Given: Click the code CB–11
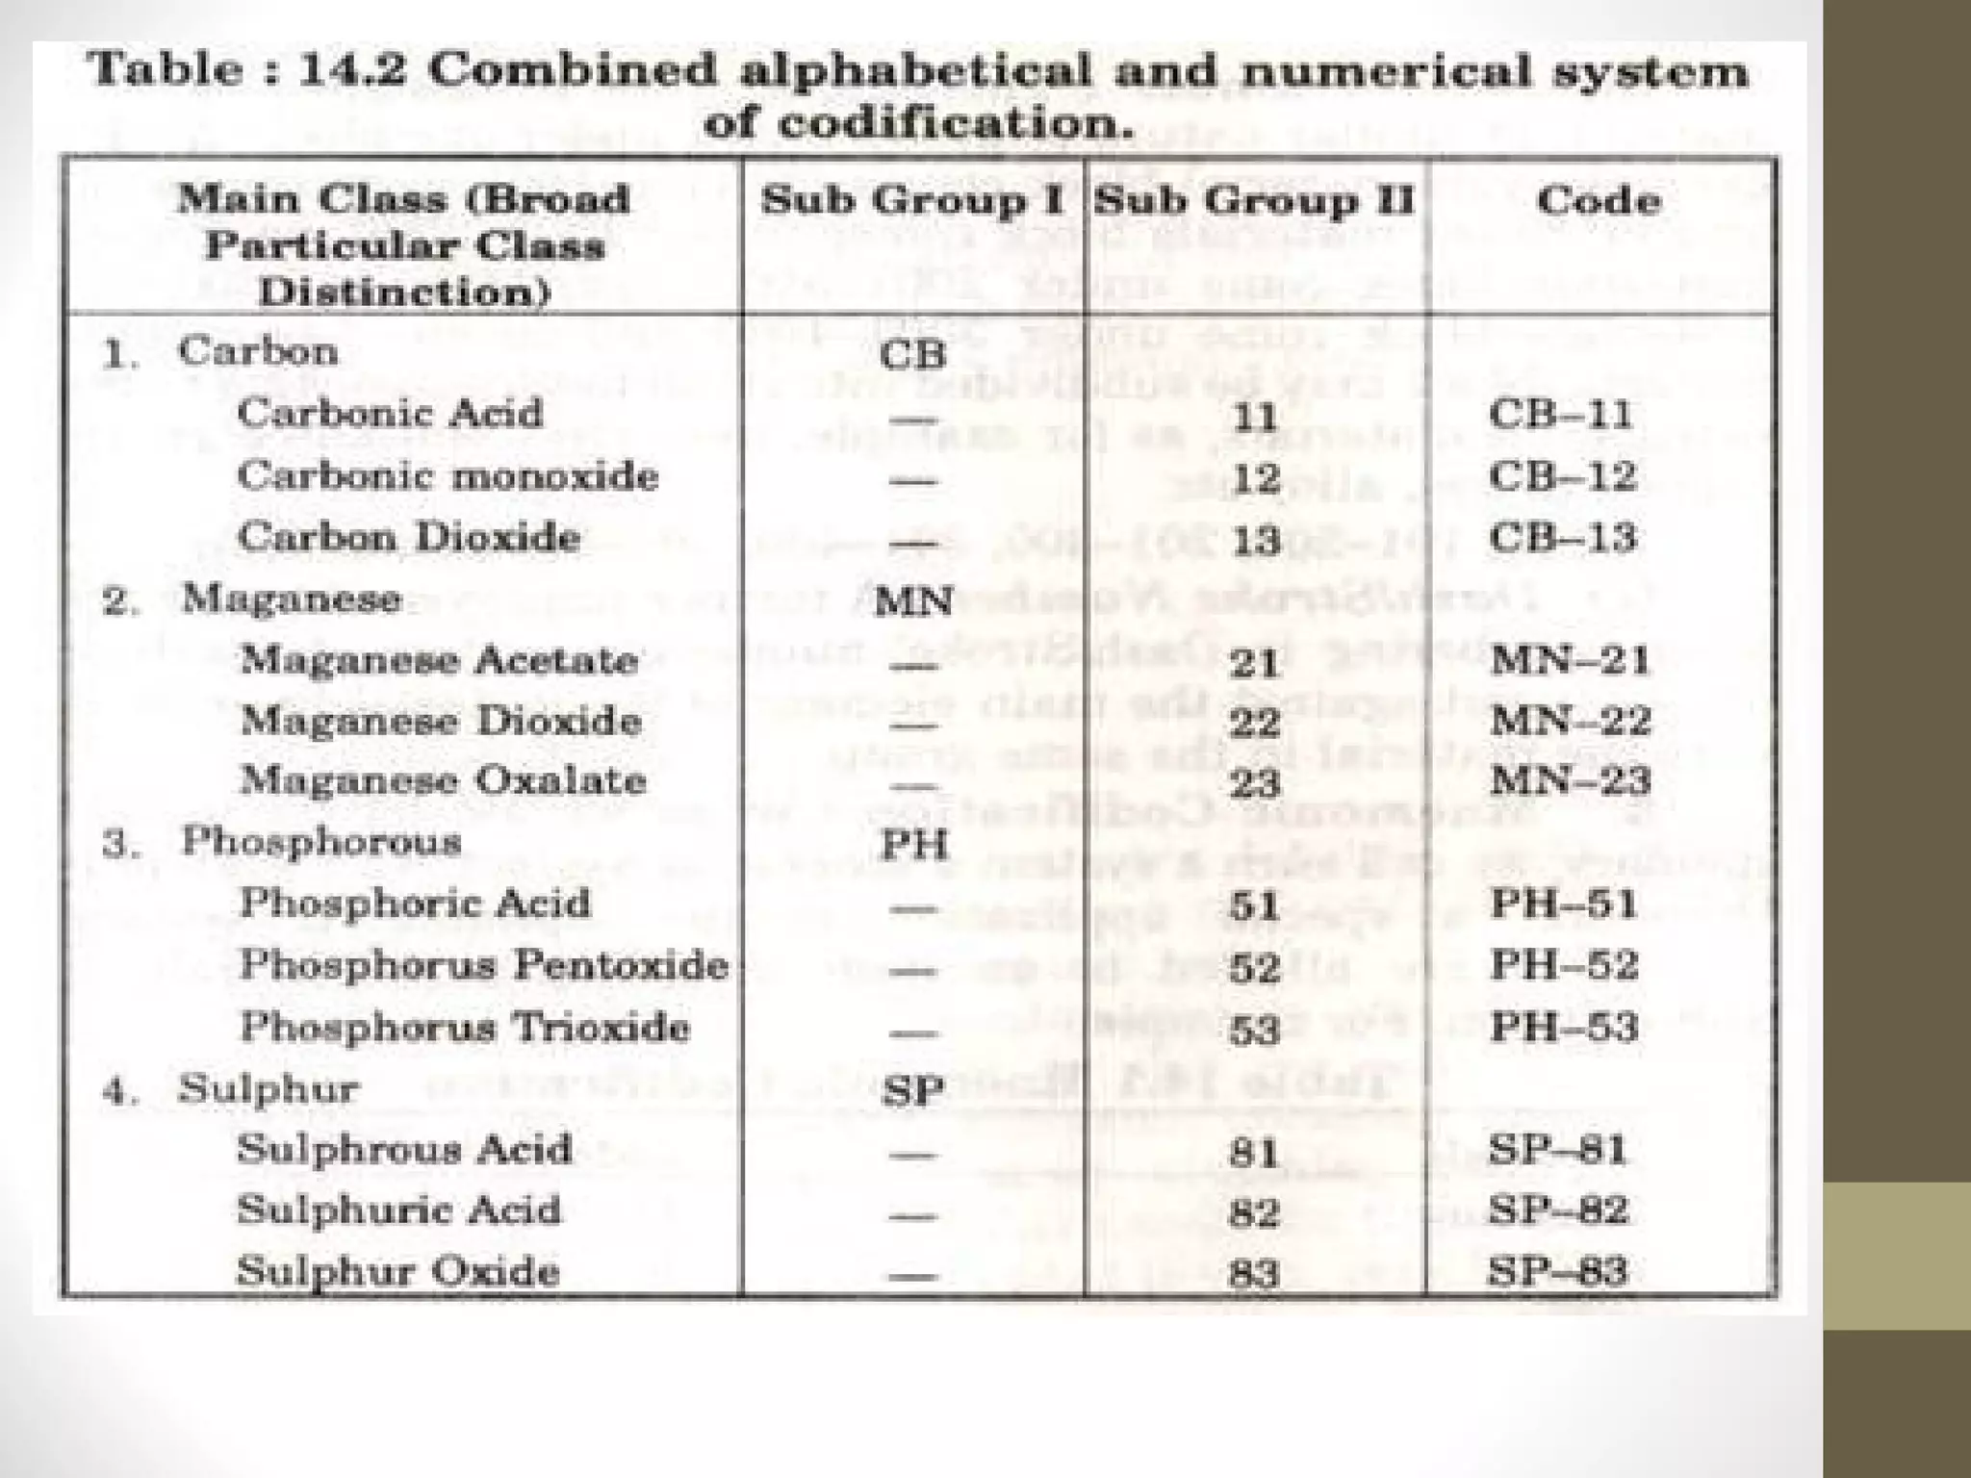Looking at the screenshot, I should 1560,415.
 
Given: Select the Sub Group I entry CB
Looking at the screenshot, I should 912,355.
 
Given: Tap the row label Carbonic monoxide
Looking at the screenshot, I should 448,476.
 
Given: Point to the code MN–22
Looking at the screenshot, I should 1570,721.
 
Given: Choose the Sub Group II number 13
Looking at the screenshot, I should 1256,540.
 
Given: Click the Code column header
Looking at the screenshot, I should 1599,200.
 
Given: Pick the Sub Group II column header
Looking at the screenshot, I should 1254,200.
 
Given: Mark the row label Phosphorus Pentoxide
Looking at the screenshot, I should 483,965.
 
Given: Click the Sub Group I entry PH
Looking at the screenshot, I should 914,845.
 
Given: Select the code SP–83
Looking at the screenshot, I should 1556,1271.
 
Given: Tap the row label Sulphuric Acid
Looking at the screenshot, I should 398,1210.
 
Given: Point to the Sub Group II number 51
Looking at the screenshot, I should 1254,906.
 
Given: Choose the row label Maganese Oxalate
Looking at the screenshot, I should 442,780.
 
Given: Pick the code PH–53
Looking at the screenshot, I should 1564,1027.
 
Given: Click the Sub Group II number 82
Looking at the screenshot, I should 1253,1212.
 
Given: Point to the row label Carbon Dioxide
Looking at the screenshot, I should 409,537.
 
